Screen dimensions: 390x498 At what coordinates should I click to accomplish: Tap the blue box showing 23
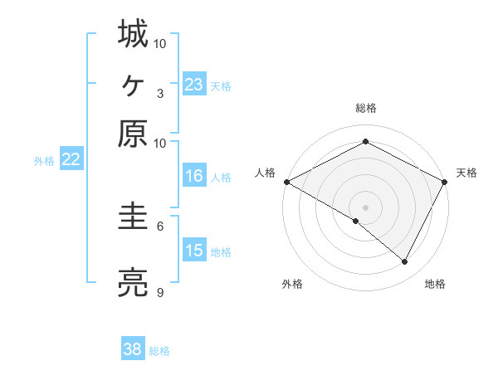point(194,85)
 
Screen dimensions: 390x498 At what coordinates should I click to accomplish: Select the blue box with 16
point(194,176)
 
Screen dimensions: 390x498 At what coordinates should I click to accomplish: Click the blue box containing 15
point(194,251)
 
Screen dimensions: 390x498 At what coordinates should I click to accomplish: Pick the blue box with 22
point(71,160)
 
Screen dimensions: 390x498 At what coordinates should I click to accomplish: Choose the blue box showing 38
point(133,349)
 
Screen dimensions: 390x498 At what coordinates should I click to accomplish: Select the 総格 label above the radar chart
point(365,108)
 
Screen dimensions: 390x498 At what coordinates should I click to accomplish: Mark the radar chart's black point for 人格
point(286,181)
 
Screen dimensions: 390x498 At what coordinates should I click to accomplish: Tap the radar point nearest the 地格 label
point(404,261)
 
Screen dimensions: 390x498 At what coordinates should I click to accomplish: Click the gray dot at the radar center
point(365,207)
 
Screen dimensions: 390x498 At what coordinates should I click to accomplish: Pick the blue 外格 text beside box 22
point(43,161)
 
